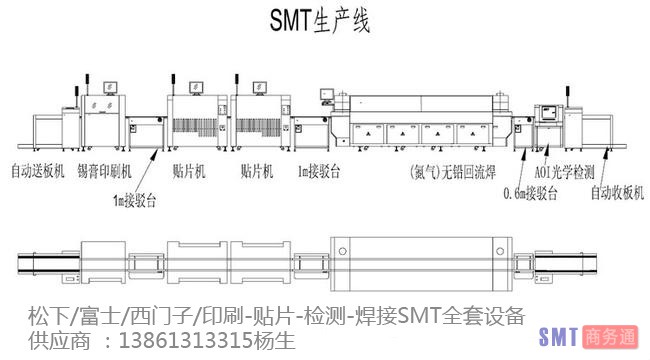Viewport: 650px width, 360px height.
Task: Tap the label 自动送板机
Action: tap(37, 171)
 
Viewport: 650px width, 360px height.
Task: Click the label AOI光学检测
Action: tap(566, 171)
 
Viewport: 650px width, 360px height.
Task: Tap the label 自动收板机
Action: tap(613, 190)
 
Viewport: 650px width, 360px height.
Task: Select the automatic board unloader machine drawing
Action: tap(600, 130)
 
